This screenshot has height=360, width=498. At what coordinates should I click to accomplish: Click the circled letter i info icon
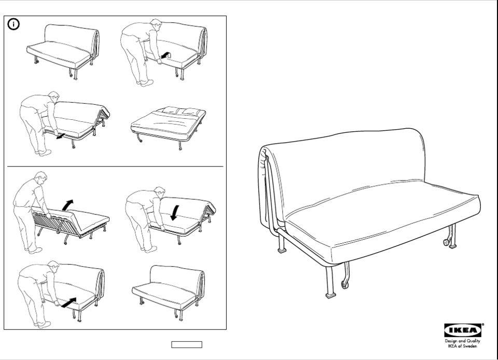[13, 24]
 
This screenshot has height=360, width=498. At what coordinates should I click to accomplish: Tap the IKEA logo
[463, 330]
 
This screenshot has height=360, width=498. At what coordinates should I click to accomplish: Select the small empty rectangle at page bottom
[187, 344]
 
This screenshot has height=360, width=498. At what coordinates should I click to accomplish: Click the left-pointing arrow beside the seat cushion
[165, 54]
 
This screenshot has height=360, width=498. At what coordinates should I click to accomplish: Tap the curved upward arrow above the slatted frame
[67, 204]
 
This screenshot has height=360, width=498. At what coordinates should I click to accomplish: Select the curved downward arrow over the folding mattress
[175, 211]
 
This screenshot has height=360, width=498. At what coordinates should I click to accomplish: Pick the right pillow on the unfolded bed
[190, 112]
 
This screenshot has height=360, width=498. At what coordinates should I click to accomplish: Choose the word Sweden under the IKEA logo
[469, 346]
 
